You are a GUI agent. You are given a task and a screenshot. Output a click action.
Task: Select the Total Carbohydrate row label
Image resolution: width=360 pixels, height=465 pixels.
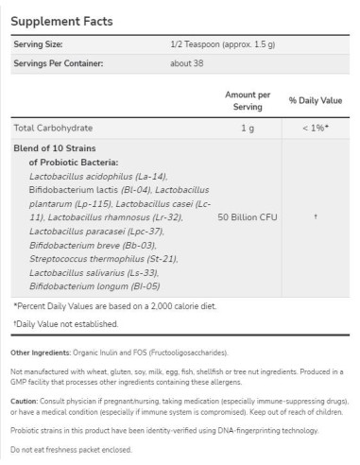(x=58, y=128)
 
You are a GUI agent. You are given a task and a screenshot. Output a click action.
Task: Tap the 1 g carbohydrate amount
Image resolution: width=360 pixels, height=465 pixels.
(x=249, y=128)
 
